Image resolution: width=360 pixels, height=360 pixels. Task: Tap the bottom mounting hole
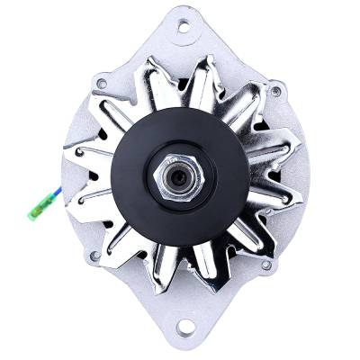[x=185, y=326]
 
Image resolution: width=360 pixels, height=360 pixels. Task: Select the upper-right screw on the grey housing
[x=275, y=91]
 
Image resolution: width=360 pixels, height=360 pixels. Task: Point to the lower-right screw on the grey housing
[x=267, y=263]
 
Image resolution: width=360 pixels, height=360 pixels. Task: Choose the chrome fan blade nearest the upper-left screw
[x=121, y=99]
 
